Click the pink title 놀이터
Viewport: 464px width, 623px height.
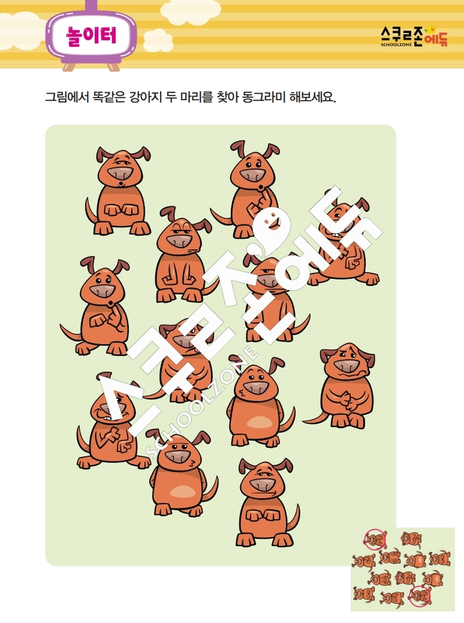point(92,37)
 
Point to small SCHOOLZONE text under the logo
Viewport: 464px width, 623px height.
point(395,45)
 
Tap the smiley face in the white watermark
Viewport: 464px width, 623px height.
point(271,221)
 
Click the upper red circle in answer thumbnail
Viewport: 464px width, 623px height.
point(376,539)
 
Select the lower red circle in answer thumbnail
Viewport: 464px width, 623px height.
point(420,596)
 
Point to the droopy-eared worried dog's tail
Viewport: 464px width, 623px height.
point(315,417)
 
